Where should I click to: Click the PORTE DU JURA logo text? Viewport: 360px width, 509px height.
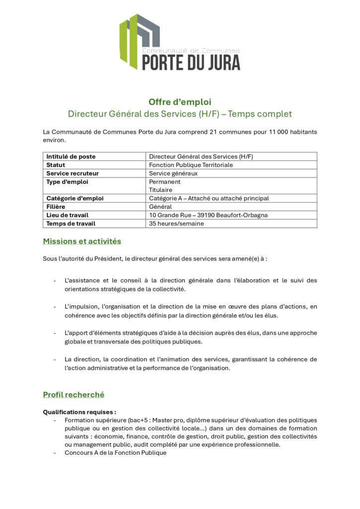pos(191,62)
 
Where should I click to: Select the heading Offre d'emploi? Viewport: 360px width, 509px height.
pos(180,102)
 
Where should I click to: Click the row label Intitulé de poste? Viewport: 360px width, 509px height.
pos(71,157)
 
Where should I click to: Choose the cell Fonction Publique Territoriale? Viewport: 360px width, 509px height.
pos(190,165)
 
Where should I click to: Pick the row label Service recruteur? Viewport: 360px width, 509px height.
pos(72,173)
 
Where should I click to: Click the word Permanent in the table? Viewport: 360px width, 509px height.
pos(165,182)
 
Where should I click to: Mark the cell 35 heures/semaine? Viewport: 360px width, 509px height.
pos(176,224)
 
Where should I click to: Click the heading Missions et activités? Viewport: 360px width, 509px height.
pos(82,242)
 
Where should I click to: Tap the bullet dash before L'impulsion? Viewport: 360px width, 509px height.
pos(55,306)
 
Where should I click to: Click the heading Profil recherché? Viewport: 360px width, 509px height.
pos(74,395)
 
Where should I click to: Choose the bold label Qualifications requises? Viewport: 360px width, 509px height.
pos(80,412)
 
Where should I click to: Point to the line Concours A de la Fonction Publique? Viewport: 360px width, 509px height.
pos(115,453)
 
